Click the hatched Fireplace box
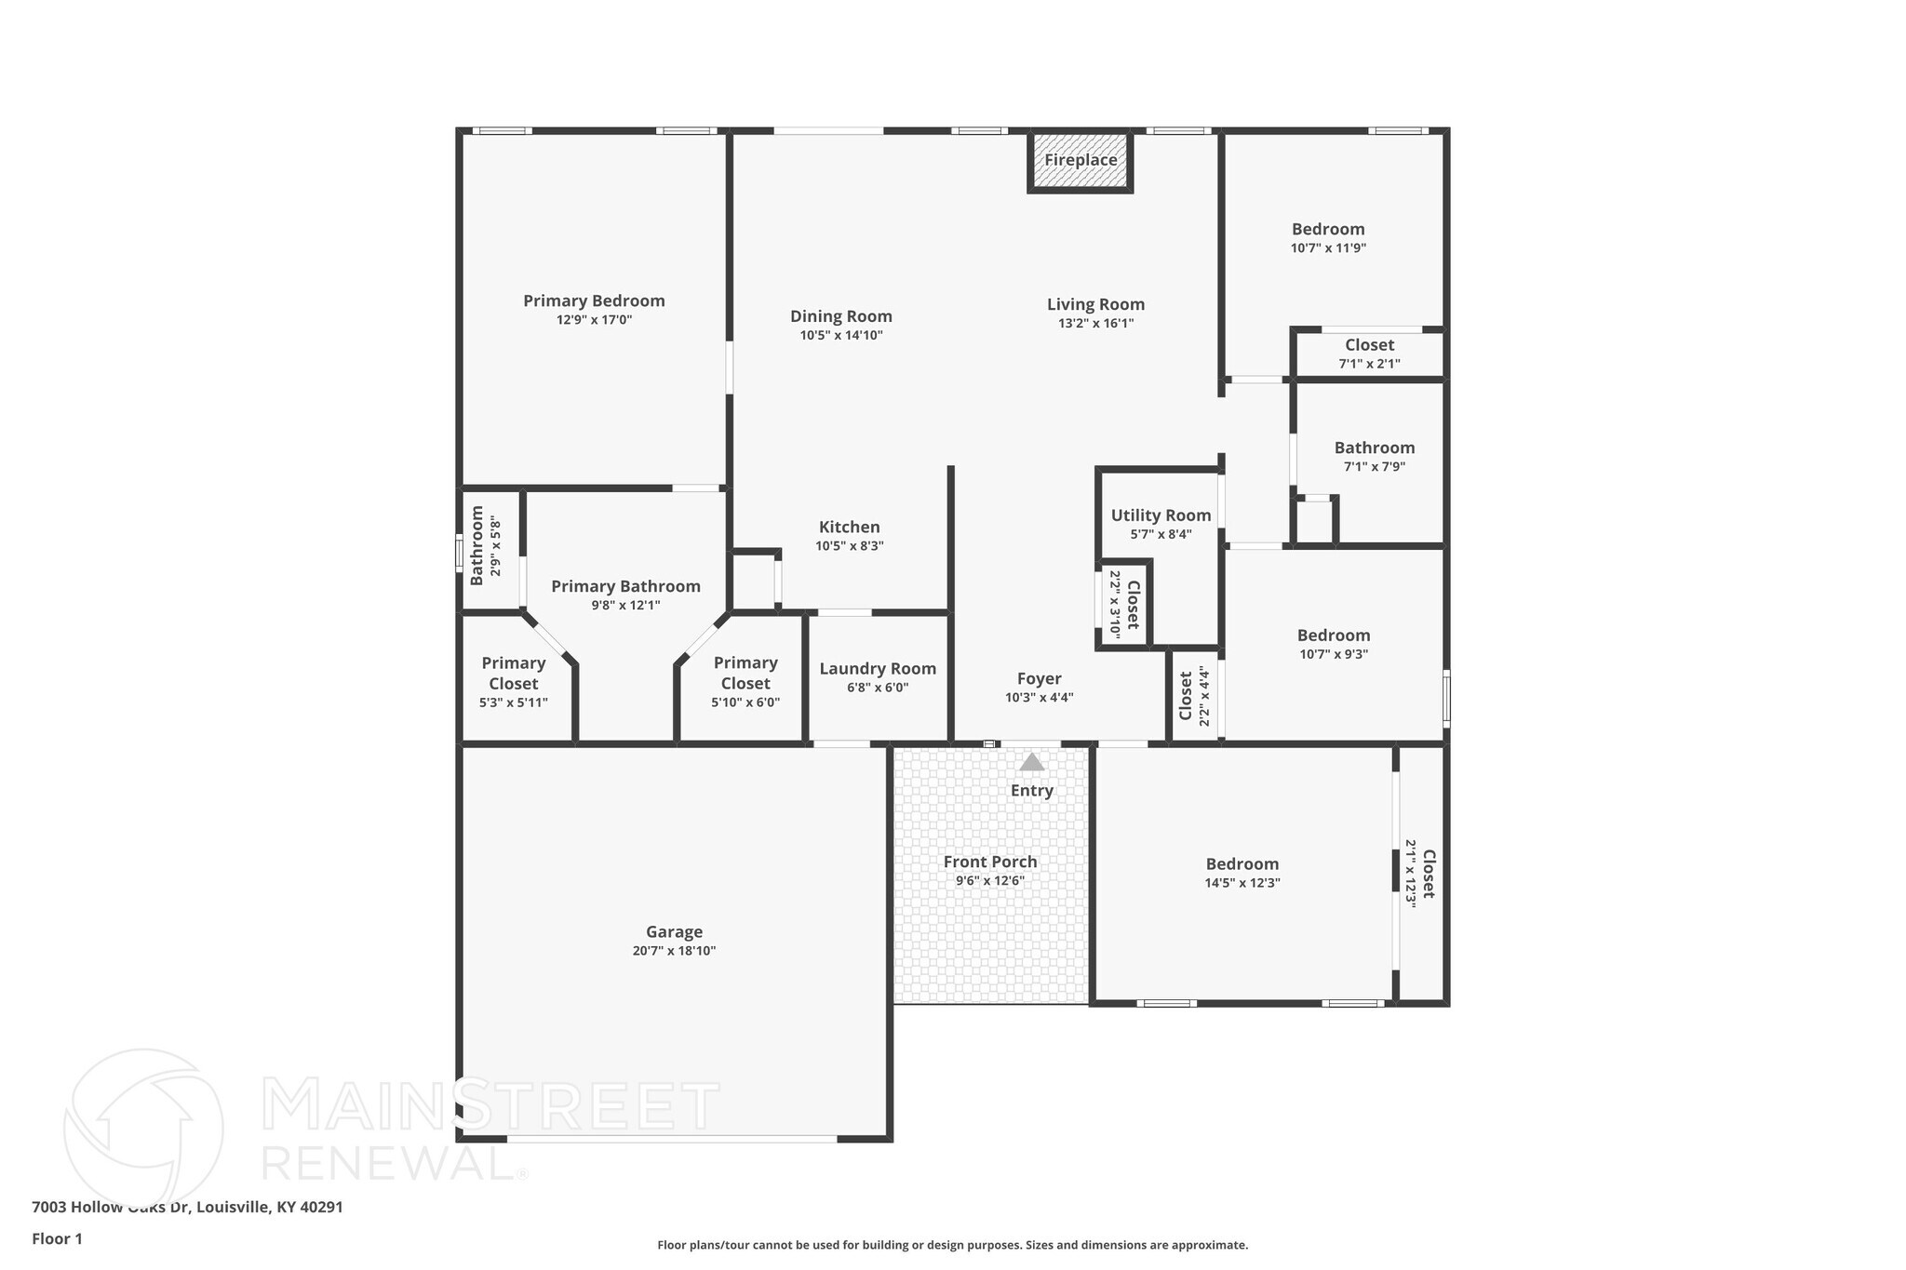pyautogui.click(x=1080, y=161)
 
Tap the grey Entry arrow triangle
pyautogui.click(x=1031, y=762)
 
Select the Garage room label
pyautogui.click(x=674, y=931)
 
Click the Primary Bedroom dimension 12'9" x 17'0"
pyautogui.click(x=594, y=320)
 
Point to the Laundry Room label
pyautogui.click(x=877, y=668)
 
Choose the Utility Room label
pyautogui.click(x=1161, y=515)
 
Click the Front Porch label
pyautogui.click(x=989, y=862)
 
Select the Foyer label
pyautogui.click(x=1039, y=678)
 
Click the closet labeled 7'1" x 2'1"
pyautogui.click(x=1369, y=354)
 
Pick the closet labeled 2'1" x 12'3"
pyautogui.click(x=1420, y=874)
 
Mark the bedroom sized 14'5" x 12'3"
pyautogui.click(x=1242, y=873)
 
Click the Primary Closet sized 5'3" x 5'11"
pyautogui.click(x=513, y=682)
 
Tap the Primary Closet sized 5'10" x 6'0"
pyautogui.click(x=745, y=682)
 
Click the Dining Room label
pyautogui.click(x=840, y=316)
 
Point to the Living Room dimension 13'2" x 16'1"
pyautogui.click(x=1095, y=324)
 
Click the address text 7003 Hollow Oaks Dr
pyautogui.click(x=112, y=1207)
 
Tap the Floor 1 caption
pyautogui.click(x=57, y=1238)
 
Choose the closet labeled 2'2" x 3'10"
pyautogui.click(x=1124, y=604)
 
